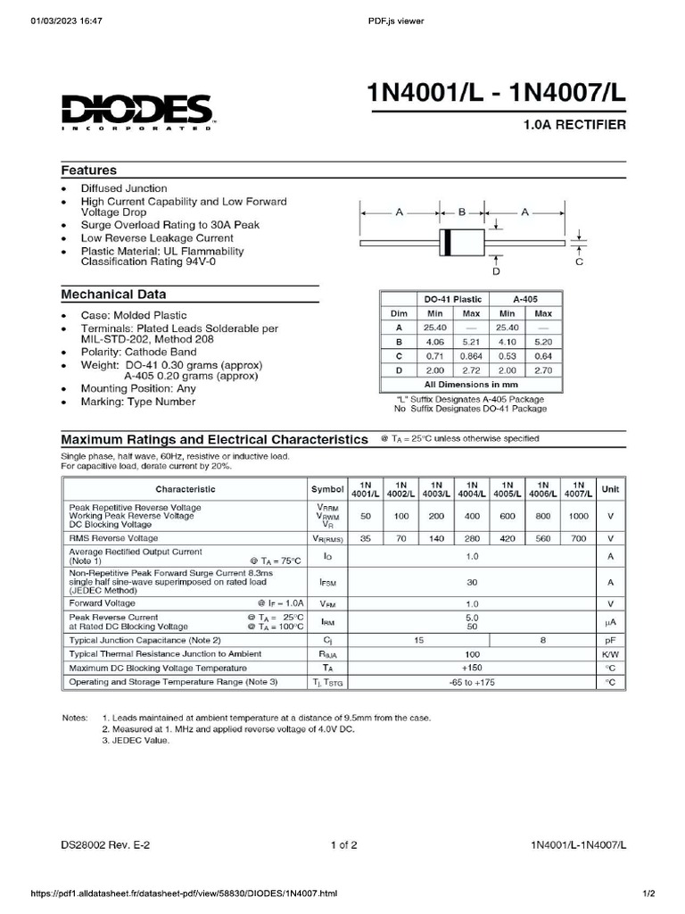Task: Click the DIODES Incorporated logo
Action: (x=136, y=112)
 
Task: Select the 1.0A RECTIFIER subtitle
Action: (x=574, y=126)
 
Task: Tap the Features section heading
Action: (x=88, y=170)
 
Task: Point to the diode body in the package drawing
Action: (x=461, y=242)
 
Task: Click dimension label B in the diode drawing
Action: (x=462, y=212)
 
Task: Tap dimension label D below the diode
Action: (x=497, y=270)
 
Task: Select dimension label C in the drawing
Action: (x=579, y=262)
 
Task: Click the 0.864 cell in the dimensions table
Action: (x=471, y=355)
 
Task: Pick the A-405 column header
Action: (x=524, y=299)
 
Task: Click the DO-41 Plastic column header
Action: (x=452, y=299)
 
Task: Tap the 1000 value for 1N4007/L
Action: (x=578, y=517)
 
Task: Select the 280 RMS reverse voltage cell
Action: (x=473, y=538)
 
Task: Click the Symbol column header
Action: (x=327, y=489)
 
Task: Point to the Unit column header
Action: (x=611, y=489)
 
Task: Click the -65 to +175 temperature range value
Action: (x=472, y=682)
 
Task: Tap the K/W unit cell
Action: (x=611, y=654)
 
